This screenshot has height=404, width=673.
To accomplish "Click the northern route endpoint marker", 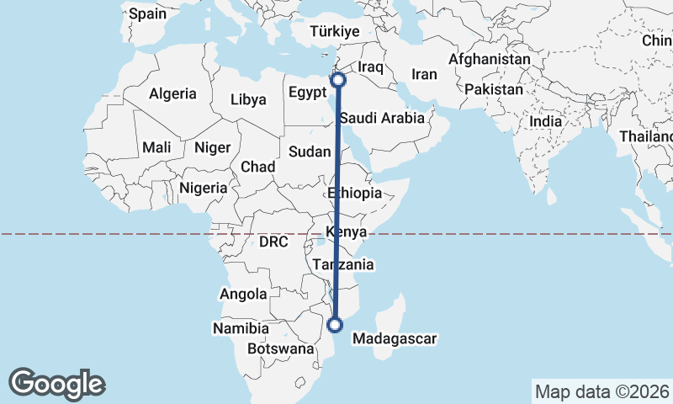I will pos(338,80).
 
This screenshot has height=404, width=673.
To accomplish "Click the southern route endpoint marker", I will pos(336,324).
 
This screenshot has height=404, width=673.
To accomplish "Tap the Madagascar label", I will pos(395,339).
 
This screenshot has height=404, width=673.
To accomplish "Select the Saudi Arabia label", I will pos(382,119).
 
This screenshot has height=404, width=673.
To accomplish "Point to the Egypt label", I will pos(306,91).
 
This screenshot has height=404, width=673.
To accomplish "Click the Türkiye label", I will pos(335,31).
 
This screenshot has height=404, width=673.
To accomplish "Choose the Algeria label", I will pos(172,94).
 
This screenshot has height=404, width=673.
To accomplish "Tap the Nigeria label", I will pos(203,188).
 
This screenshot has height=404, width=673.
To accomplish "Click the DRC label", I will pos(273,242).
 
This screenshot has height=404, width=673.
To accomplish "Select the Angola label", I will pos(242,295).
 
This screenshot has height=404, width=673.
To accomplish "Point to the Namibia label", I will pos(241,327).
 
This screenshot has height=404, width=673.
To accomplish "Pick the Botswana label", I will pos(281,348).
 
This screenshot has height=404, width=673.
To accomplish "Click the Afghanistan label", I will pos(490,60).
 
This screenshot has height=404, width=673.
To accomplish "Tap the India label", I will pos(545,121).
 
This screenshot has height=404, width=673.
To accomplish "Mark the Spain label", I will pos(148,13).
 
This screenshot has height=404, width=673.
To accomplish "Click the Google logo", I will pos(56,384).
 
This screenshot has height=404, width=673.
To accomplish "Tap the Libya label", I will pos(249,99).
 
